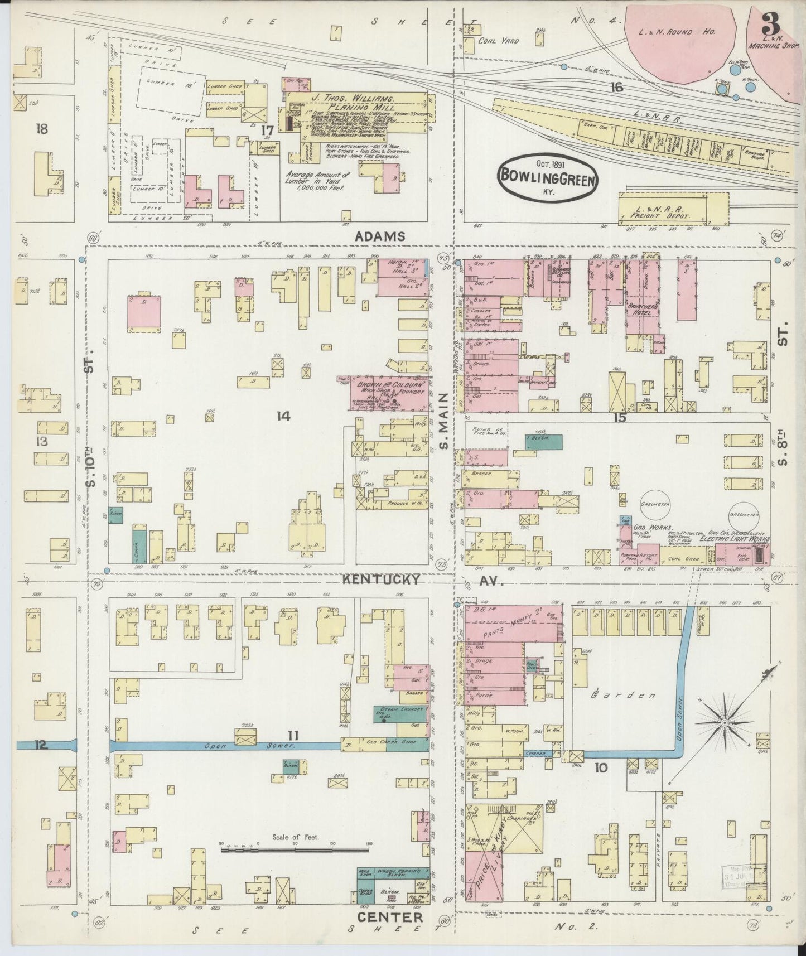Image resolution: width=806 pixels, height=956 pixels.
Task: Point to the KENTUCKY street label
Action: pyautogui.click(x=380, y=580)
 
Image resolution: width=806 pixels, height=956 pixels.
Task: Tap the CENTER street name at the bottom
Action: pyautogui.click(x=390, y=917)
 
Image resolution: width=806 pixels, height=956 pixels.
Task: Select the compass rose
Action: pyautogui.click(x=725, y=723)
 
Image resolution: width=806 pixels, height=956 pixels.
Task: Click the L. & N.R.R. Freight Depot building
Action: pyautogui.click(x=662, y=209)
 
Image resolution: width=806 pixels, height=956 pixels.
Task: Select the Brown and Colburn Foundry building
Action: pyautogui.click(x=390, y=393)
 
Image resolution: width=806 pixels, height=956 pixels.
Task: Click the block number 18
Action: pyautogui.click(x=41, y=129)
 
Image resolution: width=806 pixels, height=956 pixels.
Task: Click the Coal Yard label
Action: pyautogui.click(x=499, y=41)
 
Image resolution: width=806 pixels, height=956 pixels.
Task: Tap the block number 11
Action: pyautogui.click(x=294, y=734)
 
